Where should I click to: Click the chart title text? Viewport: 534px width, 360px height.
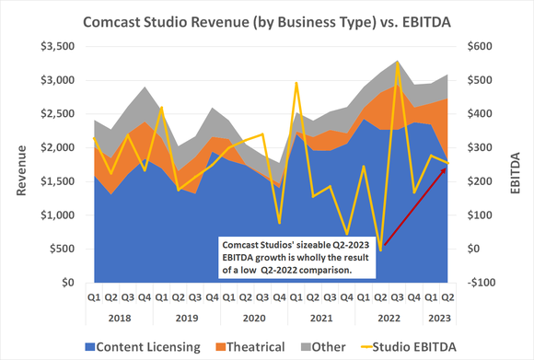tap(267, 19)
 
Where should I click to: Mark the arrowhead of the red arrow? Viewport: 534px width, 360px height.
tap(446, 171)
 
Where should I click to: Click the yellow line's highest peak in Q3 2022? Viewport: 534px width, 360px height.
tap(397, 62)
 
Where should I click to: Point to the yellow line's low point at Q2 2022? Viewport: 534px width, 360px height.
tap(380, 250)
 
